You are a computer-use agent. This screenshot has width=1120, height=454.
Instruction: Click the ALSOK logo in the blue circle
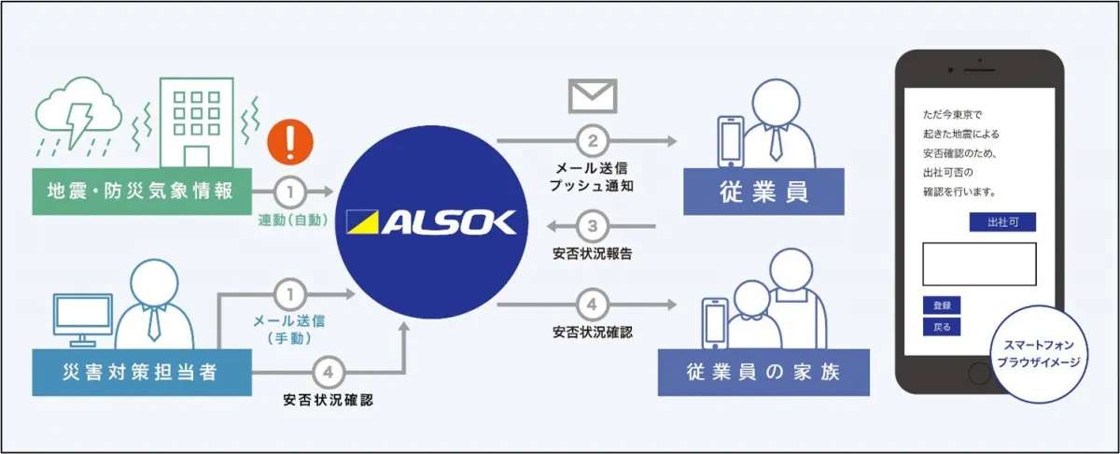430,222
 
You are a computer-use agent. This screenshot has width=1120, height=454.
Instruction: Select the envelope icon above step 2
592,96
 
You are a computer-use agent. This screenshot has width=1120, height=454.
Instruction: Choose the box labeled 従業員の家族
763,372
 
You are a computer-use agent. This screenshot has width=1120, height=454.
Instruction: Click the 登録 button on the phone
941,305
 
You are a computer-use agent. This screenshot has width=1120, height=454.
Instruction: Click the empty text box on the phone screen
979,263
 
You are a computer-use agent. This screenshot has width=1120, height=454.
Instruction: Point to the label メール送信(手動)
290,329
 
